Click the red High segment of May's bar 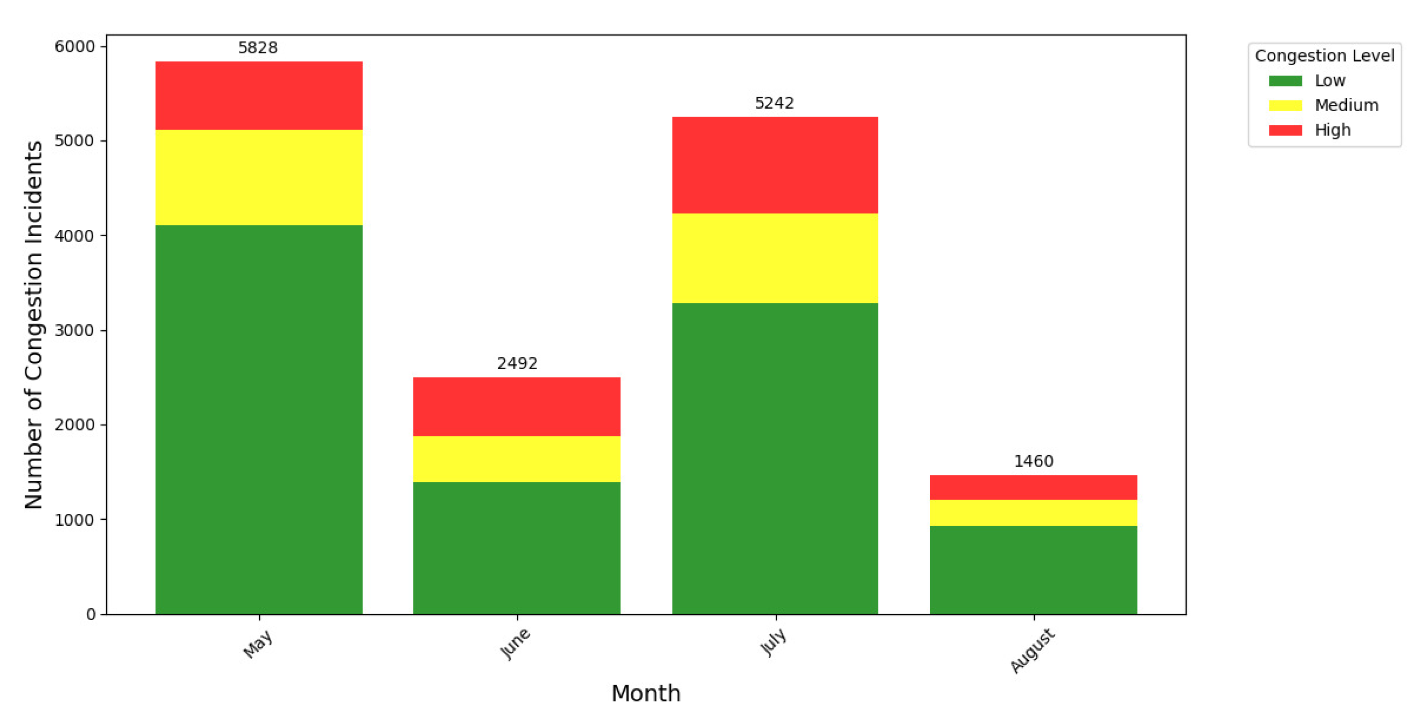[259, 96]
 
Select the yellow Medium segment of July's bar [775, 258]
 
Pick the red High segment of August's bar [1033, 487]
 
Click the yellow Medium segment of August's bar [1033, 512]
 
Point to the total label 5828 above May [258, 48]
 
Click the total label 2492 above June [517, 363]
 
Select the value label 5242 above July [774, 103]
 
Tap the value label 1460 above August [1033, 461]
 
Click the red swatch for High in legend [1285, 130]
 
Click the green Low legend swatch [1285, 81]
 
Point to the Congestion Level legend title [1324, 55]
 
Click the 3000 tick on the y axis [74, 331]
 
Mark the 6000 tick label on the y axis [74, 47]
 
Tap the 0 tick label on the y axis [91, 614]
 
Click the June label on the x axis [514, 644]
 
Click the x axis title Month [645, 693]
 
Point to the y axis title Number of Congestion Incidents [34, 324]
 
